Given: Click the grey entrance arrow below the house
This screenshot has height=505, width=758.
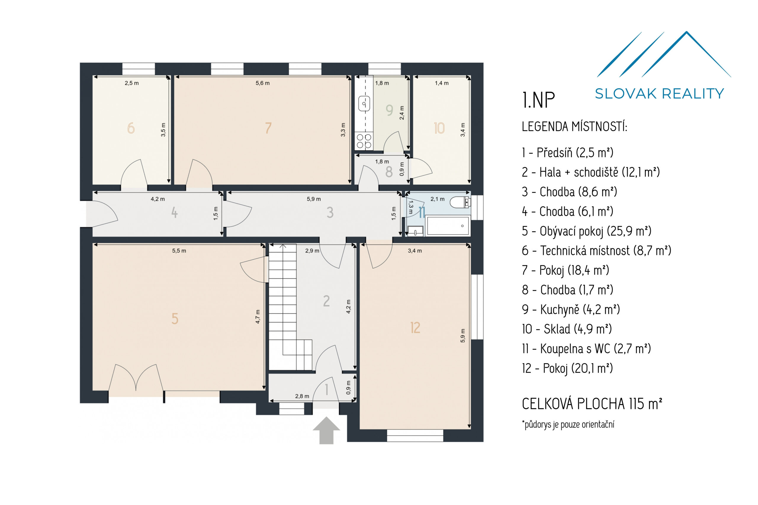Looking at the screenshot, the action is coord(326,430).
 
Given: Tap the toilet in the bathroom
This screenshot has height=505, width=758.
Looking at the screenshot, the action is coord(460,202).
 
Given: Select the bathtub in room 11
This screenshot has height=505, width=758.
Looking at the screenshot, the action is coord(448,226).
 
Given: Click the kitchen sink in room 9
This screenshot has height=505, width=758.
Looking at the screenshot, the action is coord(364,104).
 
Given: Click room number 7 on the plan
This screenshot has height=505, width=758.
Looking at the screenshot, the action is coord(268,128).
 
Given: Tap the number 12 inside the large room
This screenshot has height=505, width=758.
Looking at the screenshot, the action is coord(415,328).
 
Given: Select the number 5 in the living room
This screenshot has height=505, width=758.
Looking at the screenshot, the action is coord(175,319).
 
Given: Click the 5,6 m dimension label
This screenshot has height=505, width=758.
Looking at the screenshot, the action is coord(263,83).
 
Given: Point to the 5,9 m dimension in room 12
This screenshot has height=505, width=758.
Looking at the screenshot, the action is coord(462,335).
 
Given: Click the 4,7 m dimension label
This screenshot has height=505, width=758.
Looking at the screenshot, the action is coord(257,317).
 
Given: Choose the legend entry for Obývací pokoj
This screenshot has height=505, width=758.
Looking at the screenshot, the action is coord(586,231).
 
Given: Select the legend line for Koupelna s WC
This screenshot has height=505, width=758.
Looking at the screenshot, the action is coord(586,349).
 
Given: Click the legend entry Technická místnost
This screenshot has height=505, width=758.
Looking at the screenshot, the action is coord(596,250).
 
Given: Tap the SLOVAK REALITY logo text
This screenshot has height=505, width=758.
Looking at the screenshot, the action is coord(659,94).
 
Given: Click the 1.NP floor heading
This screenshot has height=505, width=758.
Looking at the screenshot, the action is coord(538,100).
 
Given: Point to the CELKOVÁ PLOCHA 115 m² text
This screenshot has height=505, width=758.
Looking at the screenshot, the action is coord(592,404).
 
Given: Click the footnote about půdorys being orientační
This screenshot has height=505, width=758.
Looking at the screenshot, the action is coord(568,424).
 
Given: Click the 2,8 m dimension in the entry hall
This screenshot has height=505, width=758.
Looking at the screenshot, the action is coord(302,396).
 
